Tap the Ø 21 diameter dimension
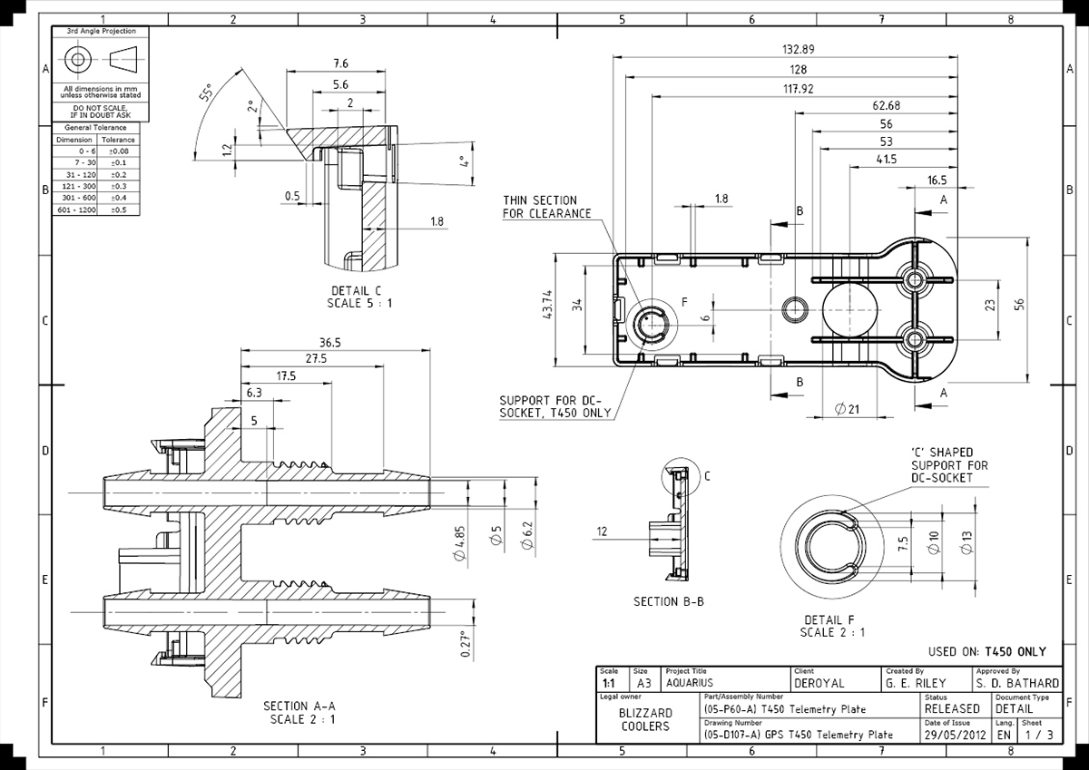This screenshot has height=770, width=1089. tap(846, 409)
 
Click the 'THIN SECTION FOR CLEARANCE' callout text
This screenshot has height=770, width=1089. tap(547, 207)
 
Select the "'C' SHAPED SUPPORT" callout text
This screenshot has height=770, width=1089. tap(948, 464)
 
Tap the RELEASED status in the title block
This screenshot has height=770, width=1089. tap(952, 708)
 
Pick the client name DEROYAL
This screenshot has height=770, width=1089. tap(819, 683)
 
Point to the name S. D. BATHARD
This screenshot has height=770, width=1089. tap(1016, 683)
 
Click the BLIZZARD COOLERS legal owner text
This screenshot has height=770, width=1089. tap(645, 719)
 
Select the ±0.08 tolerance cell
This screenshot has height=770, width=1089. tap(118, 151)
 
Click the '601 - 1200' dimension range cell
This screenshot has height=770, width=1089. tap(74, 210)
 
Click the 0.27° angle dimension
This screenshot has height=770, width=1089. tap(467, 643)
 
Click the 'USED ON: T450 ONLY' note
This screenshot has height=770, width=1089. tap(987, 651)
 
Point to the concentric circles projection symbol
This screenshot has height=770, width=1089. tap(77, 59)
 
